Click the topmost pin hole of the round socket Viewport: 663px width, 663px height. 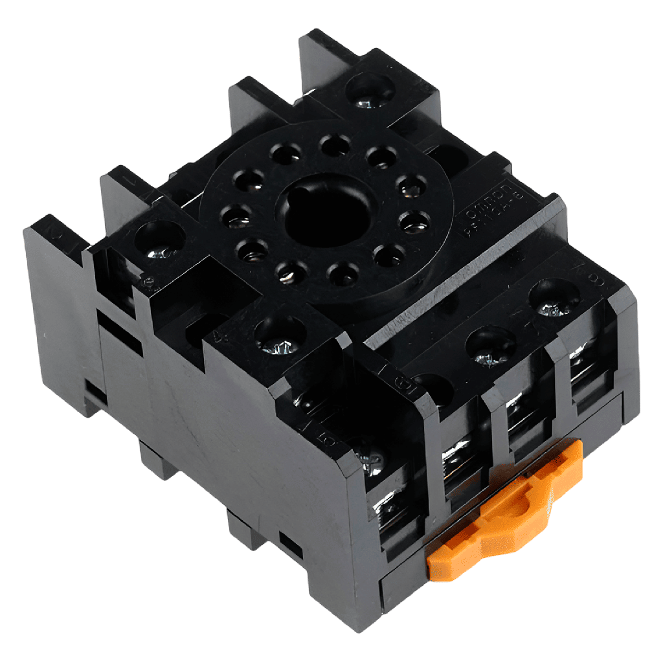335,144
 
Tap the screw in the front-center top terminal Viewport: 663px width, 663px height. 279,335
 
